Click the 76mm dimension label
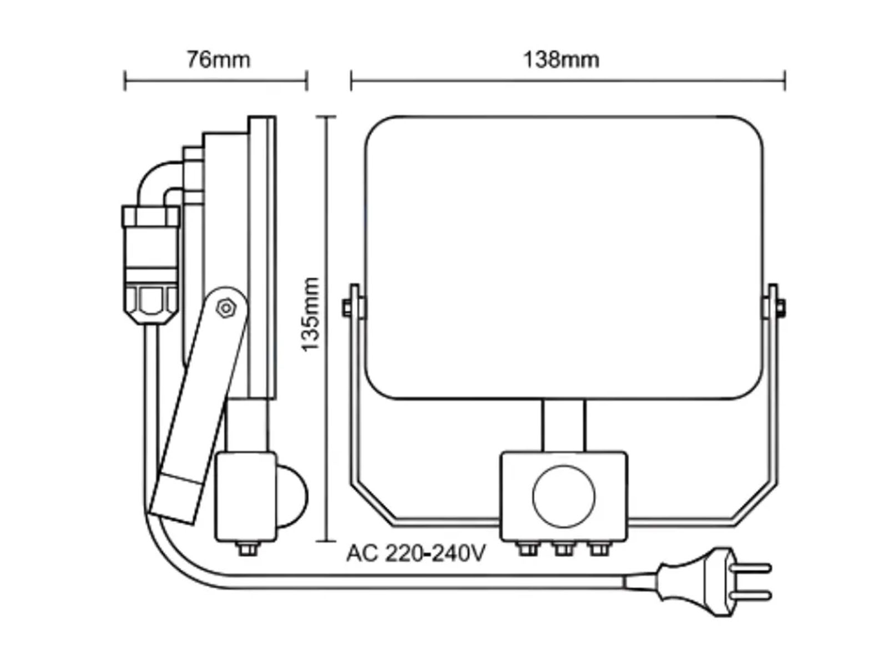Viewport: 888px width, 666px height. (x=218, y=59)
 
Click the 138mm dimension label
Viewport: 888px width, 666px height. (x=561, y=59)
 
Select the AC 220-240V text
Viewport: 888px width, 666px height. (x=416, y=553)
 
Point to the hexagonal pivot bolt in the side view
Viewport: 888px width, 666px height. (x=226, y=308)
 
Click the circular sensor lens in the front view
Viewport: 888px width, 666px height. (x=563, y=497)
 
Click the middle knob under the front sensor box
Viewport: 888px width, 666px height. (x=563, y=549)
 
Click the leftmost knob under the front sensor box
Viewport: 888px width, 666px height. (x=528, y=549)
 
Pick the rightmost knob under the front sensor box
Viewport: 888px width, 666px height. (x=599, y=549)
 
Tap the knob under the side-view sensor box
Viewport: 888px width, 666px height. (x=247, y=549)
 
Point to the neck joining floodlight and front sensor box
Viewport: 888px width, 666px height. (x=563, y=425)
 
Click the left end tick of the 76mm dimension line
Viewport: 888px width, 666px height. (x=125, y=81)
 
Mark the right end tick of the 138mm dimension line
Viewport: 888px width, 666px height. (x=785, y=81)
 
